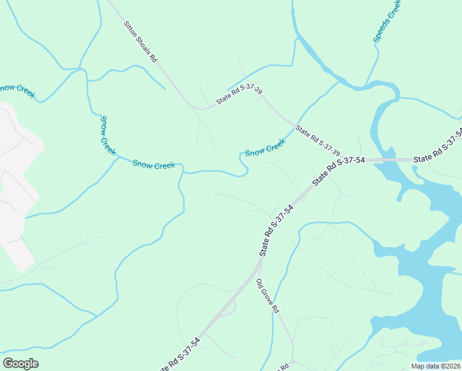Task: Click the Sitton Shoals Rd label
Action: click(x=141, y=41)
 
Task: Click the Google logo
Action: click(x=20, y=364)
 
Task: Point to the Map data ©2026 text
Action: click(x=435, y=366)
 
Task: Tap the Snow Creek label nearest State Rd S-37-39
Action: click(x=266, y=148)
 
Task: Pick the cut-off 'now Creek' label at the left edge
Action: click(x=17, y=92)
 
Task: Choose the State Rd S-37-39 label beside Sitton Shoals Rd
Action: click(x=239, y=96)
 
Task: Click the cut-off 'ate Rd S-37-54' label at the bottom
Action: click(x=179, y=357)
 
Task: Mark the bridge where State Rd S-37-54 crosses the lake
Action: click(x=389, y=160)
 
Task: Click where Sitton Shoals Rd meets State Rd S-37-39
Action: click(x=196, y=108)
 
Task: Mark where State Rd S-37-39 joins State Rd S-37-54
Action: click(x=309, y=189)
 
